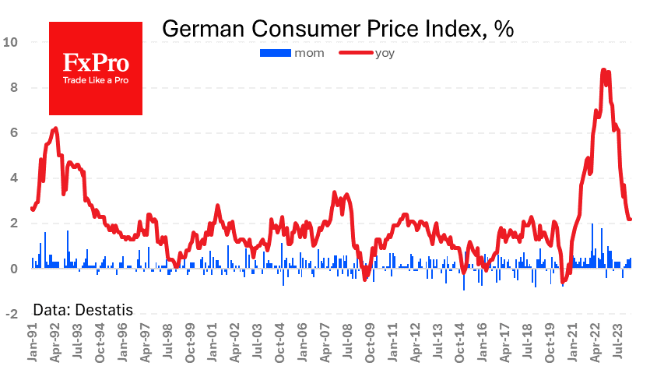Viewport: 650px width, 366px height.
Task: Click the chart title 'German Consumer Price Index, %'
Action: click(x=338, y=30)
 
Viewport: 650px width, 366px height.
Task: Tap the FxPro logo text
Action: click(x=96, y=63)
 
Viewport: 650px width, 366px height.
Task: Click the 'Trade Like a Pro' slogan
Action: click(x=96, y=81)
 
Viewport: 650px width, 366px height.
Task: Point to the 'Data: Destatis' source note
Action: click(x=83, y=310)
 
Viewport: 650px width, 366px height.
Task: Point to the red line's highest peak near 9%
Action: click(x=603, y=70)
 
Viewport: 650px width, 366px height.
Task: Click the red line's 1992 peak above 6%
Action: click(x=55, y=128)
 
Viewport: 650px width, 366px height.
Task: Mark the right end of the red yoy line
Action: click(x=630, y=220)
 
